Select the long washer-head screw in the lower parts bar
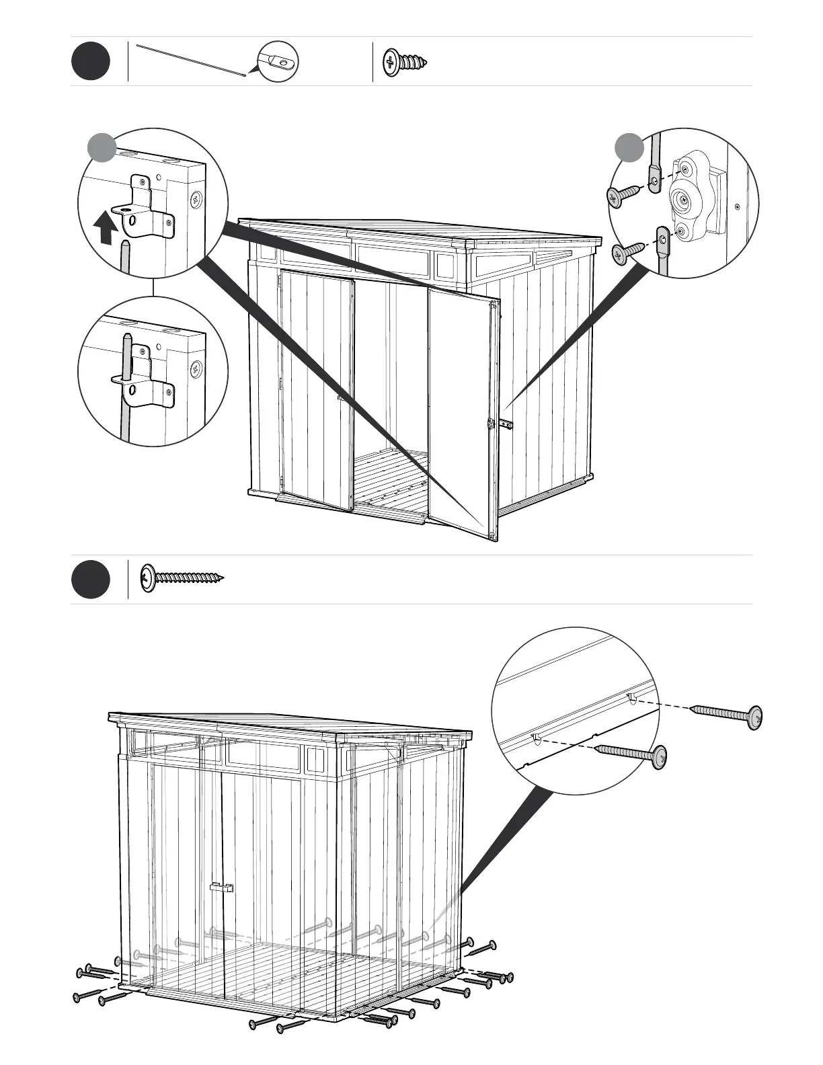182,578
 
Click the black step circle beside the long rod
91,62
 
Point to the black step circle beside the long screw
91,580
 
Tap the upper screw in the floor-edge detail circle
729,715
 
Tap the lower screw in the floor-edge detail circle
633,754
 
